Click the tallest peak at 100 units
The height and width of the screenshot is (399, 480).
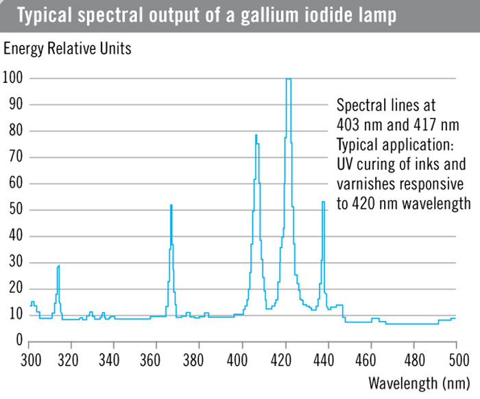[x=289, y=79]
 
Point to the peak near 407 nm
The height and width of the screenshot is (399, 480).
[x=256, y=136]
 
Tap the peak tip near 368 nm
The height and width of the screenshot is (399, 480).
[x=171, y=205]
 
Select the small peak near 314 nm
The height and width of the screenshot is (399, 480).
[x=59, y=266]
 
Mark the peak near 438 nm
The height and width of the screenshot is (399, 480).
[x=323, y=203]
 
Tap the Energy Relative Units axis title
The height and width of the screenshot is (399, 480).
[x=67, y=49]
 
